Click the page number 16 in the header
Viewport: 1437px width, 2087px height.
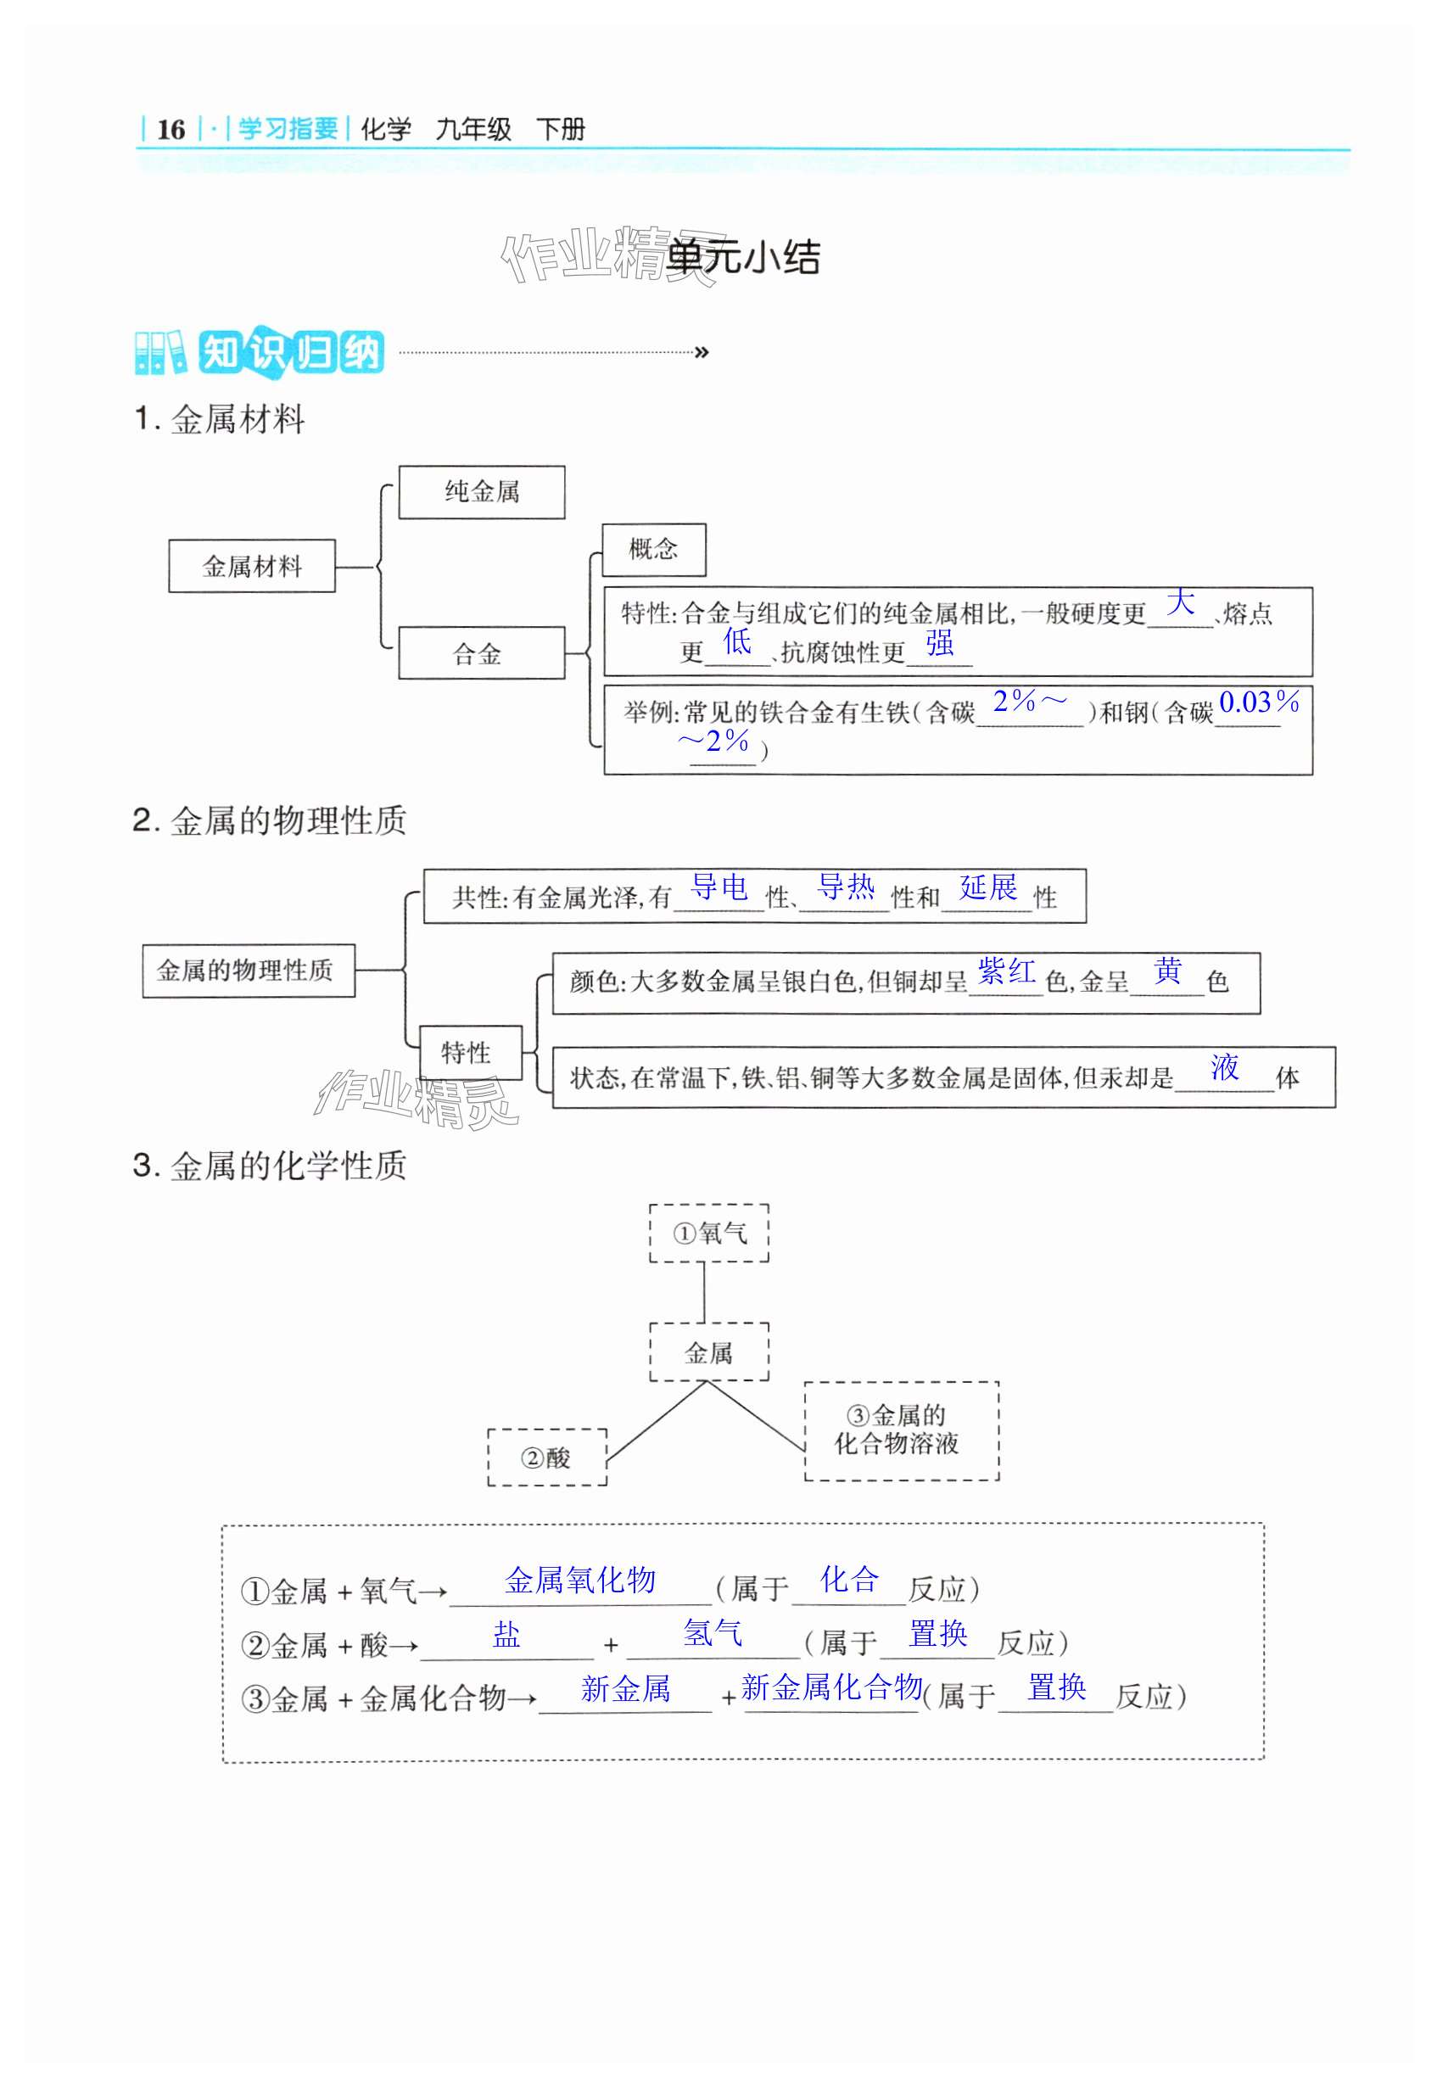click(171, 130)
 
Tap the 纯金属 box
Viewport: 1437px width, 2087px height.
click(482, 491)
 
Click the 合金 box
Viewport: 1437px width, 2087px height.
click(481, 652)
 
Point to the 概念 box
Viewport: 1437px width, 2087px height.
click(653, 549)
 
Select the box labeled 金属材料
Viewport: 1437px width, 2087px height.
click(252, 567)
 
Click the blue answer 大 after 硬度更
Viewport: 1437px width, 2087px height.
click(1181, 601)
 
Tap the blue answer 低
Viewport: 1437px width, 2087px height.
click(736, 641)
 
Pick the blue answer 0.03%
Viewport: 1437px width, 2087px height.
click(1259, 702)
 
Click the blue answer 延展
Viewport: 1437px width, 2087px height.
click(987, 887)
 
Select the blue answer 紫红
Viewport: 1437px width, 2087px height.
click(1007, 971)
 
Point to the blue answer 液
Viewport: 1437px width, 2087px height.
click(1225, 1067)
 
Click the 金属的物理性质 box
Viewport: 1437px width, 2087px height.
click(248, 971)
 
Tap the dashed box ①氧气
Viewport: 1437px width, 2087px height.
click(709, 1234)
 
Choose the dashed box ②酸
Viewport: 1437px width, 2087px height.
click(546, 1457)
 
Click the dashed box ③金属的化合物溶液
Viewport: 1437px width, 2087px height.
click(901, 1430)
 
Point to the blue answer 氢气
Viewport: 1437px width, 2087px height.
click(713, 1632)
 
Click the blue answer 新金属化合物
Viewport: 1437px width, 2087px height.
click(831, 1687)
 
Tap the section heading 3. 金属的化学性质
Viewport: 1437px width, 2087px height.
click(270, 1165)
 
